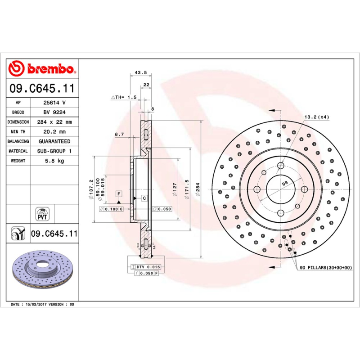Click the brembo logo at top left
point(41,69)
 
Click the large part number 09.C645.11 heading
point(41,89)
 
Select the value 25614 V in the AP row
point(54,103)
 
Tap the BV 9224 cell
point(54,112)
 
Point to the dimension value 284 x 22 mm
point(54,122)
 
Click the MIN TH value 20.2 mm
point(54,132)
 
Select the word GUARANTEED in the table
point(54,141)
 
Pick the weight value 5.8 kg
point(54,161)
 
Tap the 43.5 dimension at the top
point(140,72)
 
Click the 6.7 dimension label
point(119,134)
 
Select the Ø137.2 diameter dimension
point(92,188)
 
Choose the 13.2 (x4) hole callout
point(317,117)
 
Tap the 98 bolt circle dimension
point(284,183)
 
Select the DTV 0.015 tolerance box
point(147,267)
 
